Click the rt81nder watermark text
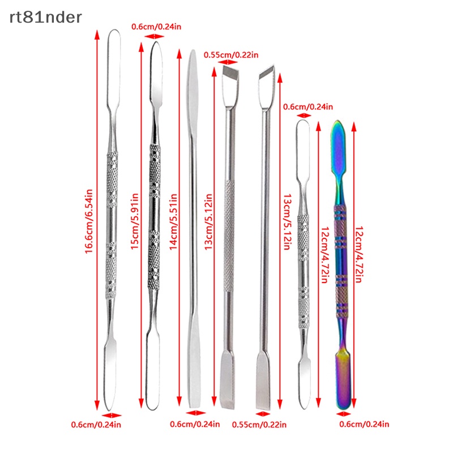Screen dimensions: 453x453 click(46, 18)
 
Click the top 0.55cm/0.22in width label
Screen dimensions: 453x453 click(231, 54)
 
